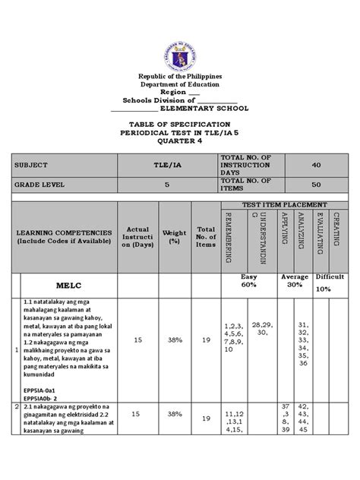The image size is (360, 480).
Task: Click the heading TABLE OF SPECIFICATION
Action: point(180,123)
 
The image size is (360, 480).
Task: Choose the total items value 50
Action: point(317,184)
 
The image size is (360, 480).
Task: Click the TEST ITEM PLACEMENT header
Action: point(284,205)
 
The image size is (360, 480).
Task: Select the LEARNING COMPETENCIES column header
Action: point(67,235)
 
